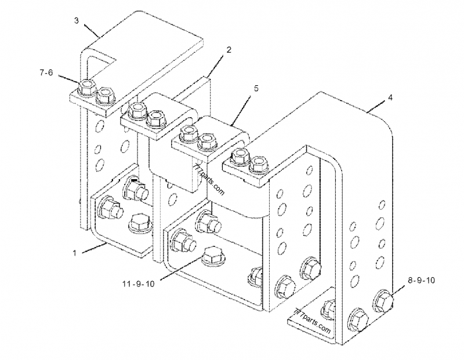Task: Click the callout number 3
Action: tap(76, 20)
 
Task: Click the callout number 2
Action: tap(229, 50)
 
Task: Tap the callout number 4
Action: tap(390, 97)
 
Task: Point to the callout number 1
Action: tap(74, 253)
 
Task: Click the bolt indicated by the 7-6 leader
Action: tap(86, 88)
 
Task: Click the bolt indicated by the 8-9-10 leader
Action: tap(383, 300)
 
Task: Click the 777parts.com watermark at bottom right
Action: tap(313, 320)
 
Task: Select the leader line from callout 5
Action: tap(242, 108)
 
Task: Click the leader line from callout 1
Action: tap(93, 249)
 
